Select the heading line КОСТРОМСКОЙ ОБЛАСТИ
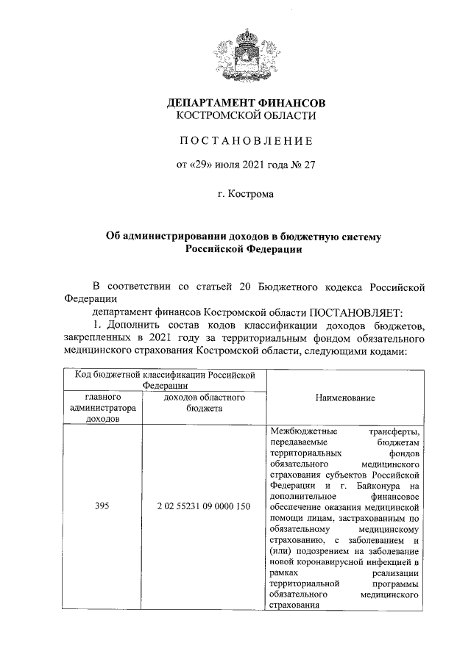point(246,115)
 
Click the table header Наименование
point(345,398)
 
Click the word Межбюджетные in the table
point(298,430)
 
